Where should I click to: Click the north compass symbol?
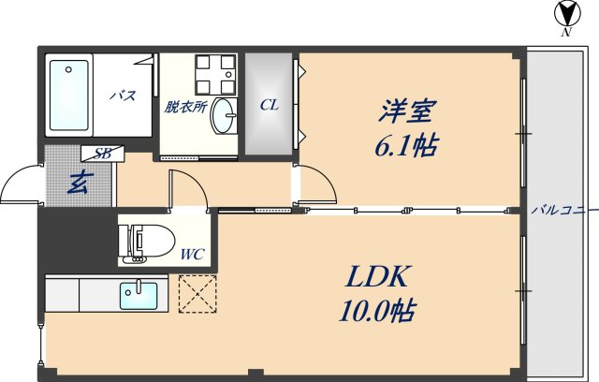[x=565, y=15]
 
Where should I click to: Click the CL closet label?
[x=270, y=106]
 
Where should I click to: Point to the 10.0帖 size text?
[x=378, y=310]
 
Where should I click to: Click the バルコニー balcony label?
[x=562, y=209]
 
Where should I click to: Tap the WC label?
[x=192, y=253]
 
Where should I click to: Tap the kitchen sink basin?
[x=140, y=296]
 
